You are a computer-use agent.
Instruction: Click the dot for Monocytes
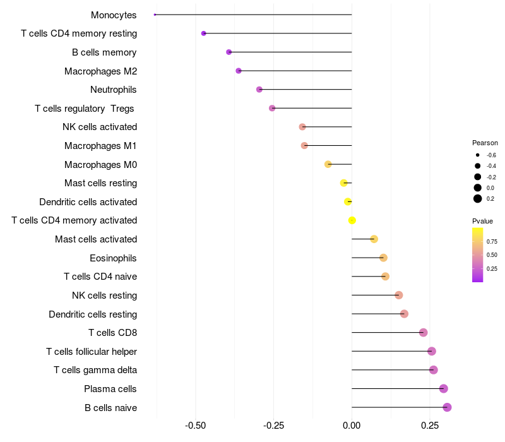155,15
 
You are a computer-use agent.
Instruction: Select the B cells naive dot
447,407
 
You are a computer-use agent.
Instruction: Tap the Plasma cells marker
443,389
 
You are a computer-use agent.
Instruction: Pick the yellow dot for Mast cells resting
344,183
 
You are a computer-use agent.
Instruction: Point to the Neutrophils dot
259,90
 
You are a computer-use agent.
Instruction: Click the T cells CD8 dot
423,333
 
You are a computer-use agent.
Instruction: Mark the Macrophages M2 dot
238,71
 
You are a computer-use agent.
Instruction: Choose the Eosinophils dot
383,258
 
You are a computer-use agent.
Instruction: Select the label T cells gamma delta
95,370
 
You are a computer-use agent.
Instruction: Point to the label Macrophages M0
100,165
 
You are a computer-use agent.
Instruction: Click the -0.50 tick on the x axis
196,426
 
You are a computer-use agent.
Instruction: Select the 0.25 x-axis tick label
430,426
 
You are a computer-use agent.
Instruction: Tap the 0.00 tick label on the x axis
352,426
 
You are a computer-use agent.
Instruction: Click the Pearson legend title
485,143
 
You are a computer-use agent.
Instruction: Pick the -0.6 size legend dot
478,155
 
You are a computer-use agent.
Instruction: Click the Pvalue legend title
482,221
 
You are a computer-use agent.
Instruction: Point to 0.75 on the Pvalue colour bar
492,241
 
